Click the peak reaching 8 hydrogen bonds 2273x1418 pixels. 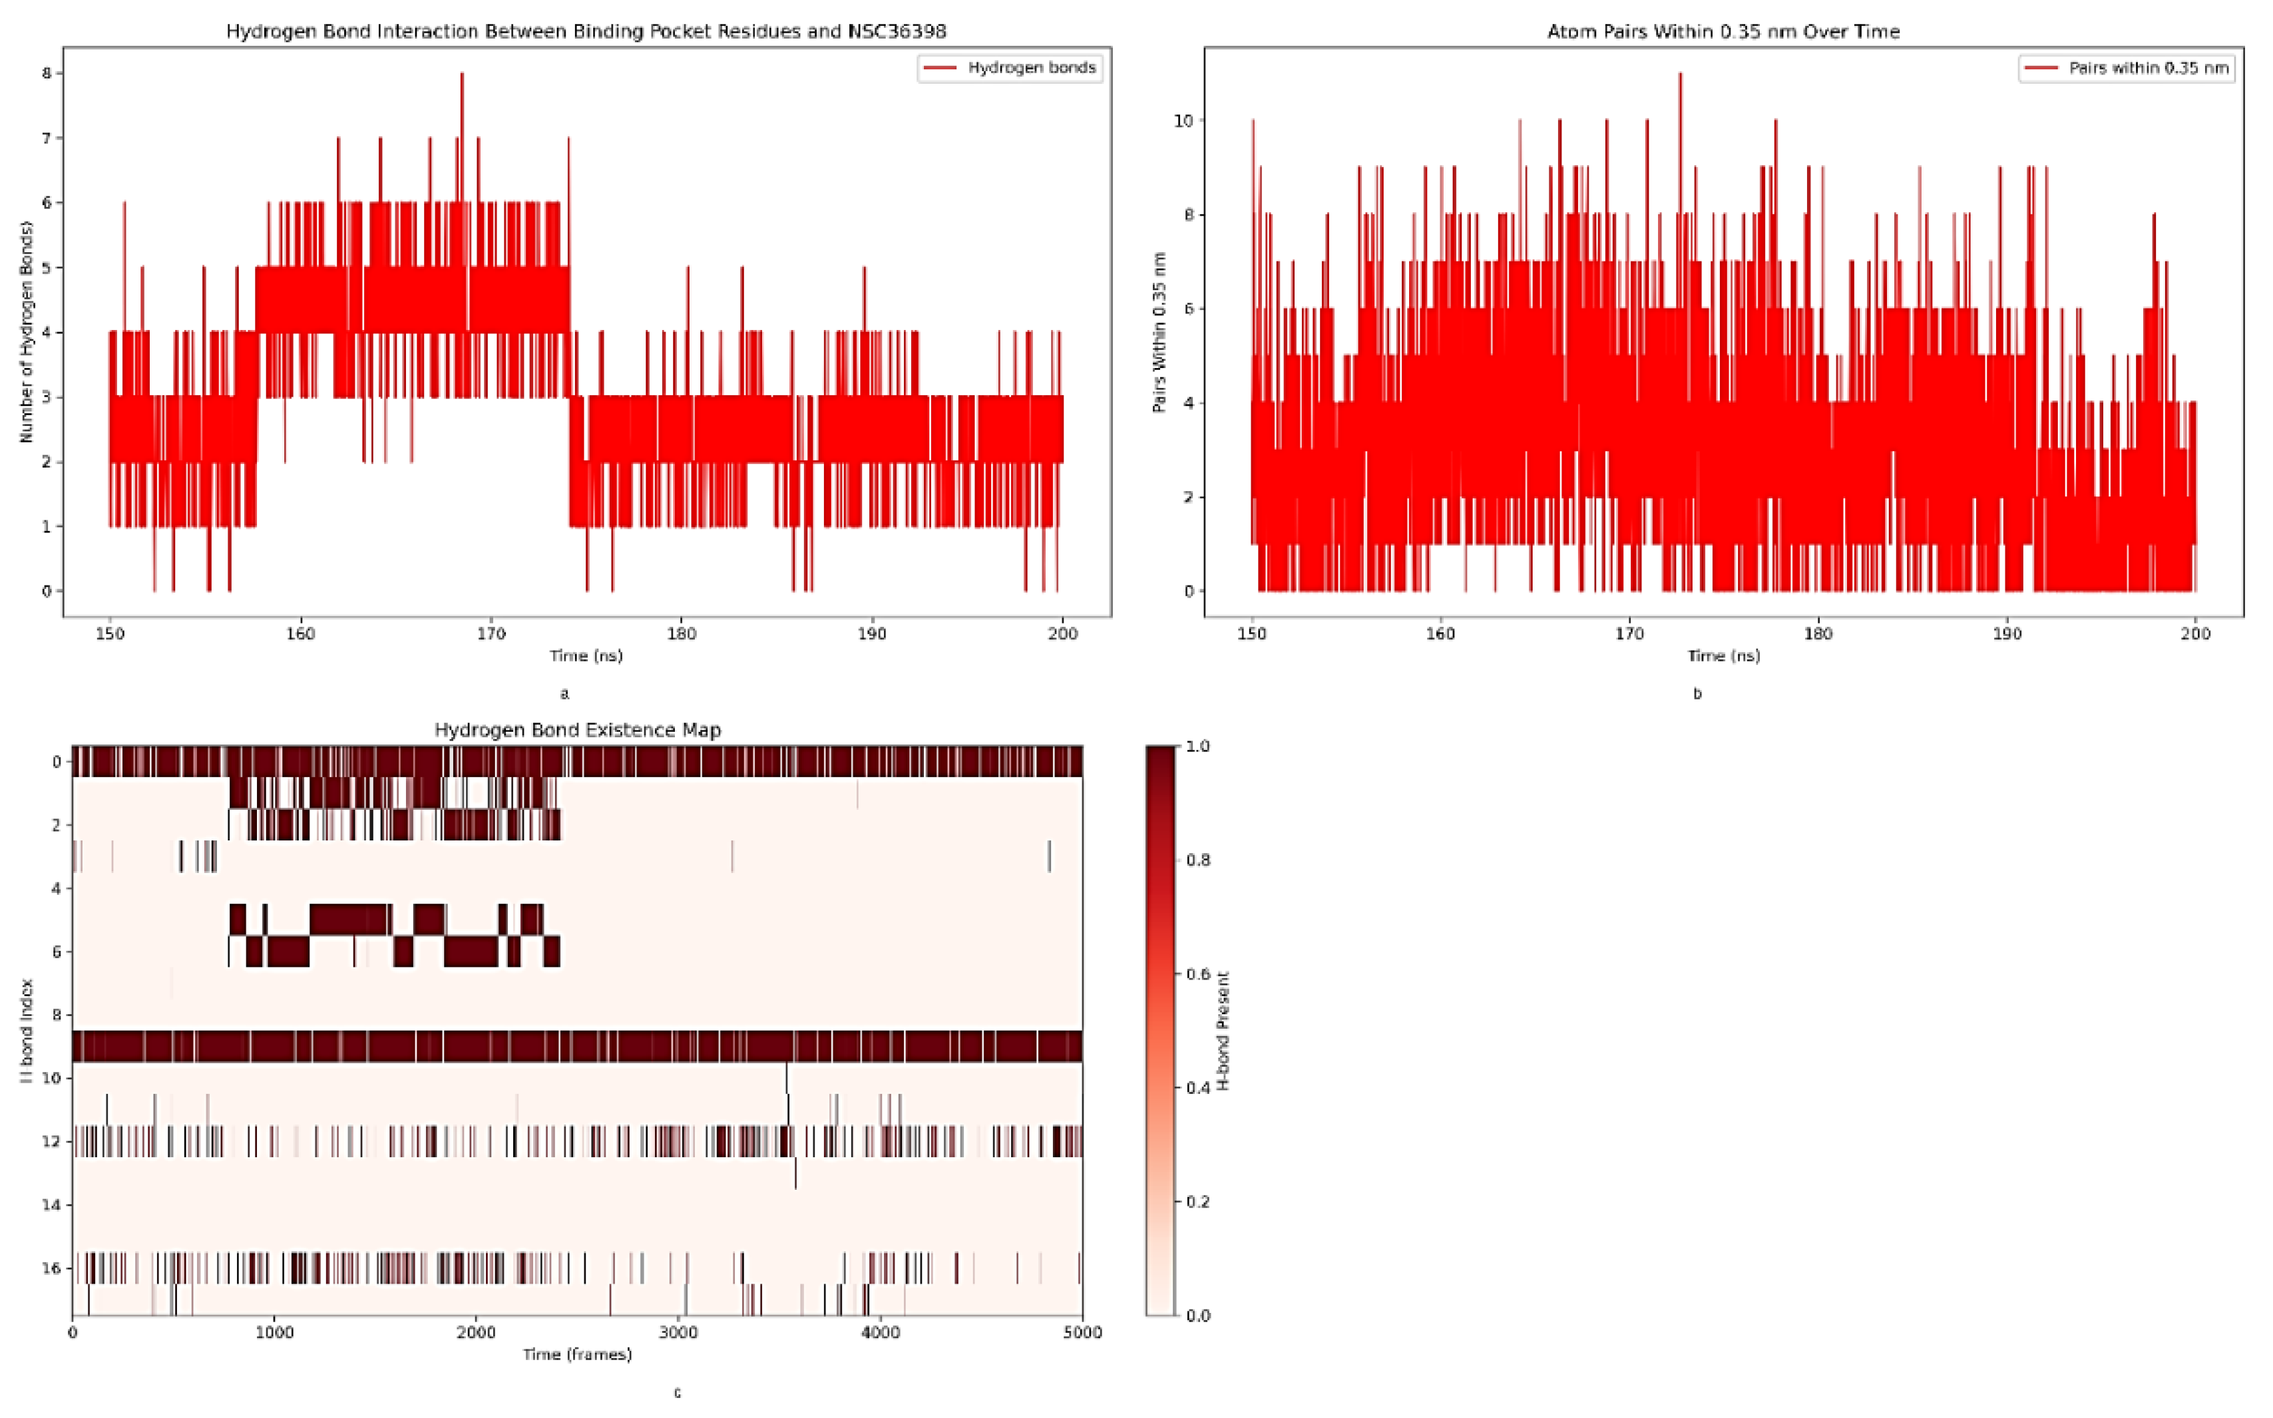pos(461,75)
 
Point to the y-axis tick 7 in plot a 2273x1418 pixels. pos(46,138)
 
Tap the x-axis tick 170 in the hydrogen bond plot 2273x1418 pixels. pos(491,634)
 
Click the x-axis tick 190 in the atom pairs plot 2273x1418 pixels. pos(2007,634)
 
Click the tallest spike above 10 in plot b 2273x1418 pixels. pos(1680,75)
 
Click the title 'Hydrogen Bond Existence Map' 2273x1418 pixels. pos(577,730)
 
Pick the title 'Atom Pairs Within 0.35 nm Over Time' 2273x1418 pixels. pos(1723,31)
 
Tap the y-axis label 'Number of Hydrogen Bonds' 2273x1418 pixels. pos(25,332)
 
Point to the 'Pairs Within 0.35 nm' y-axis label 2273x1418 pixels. pos(1159,332)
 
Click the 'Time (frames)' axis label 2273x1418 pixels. pos(577,1354)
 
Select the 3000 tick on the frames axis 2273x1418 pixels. pos(678,1333)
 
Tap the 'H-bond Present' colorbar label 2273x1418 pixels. pos(1223,1030)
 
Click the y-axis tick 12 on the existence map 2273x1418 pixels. pos(55,1141)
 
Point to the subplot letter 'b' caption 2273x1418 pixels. pos(1697,694)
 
